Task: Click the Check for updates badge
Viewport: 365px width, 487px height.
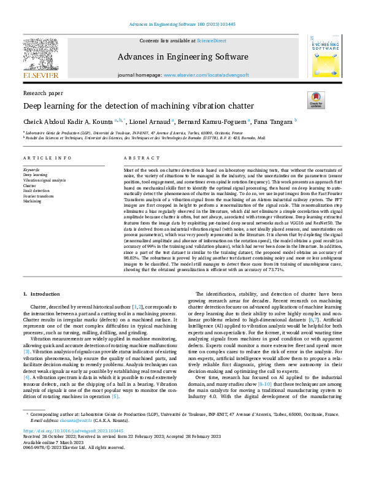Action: (316, 101)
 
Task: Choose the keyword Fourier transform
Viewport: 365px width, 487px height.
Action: (38, 196)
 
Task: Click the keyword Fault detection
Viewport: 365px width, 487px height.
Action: (36, 191)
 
